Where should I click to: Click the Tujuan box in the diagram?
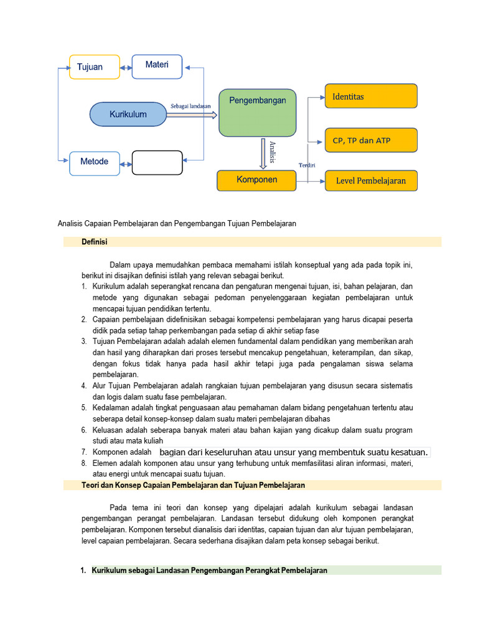[94, 67]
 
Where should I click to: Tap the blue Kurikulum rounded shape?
[128, 114]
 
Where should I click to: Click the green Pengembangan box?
[257, 112]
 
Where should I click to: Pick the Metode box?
[94, 163]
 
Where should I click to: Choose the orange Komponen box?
[256, 180]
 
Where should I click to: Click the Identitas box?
[371, 96]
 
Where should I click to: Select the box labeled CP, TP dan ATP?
[371, 140]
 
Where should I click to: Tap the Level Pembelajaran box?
[371, 180]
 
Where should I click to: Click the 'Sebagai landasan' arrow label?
[191, 106]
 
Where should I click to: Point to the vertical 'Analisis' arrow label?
[272, 152]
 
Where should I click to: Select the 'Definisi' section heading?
[95, 242]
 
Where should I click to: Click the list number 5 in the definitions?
[84, 407]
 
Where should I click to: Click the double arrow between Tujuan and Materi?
[126, 67]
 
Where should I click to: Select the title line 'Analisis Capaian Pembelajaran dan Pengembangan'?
[176, 223]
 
